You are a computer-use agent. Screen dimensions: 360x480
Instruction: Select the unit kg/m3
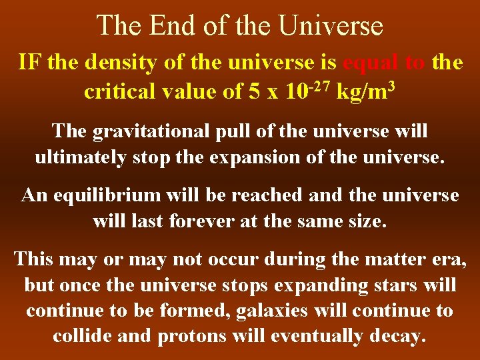coord(367,91)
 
